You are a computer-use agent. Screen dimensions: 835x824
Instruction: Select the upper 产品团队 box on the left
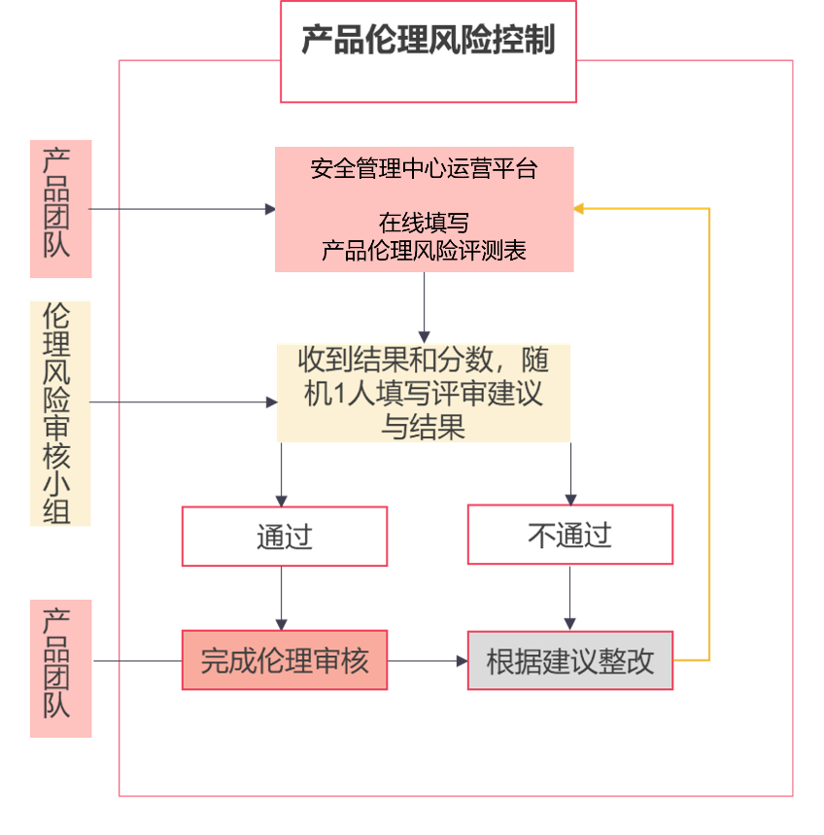[61, 208]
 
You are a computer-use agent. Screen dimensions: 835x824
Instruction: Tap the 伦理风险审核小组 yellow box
[60, 413]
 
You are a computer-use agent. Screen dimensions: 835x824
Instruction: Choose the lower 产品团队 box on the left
[60, 668]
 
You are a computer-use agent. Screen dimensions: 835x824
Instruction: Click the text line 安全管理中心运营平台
[424, 169]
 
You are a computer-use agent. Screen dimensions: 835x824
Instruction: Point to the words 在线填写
[424, 223]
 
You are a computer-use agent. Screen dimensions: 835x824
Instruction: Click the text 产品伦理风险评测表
[424, 251]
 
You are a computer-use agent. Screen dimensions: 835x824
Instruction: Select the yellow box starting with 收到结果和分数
[424, 392]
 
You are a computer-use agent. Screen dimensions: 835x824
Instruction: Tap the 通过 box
[284, 536]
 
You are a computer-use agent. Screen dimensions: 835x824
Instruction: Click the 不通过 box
[569, 535]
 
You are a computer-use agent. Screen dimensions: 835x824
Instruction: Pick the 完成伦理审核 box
[284, 661]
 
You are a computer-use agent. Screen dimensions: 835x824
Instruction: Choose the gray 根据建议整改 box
[569, 661]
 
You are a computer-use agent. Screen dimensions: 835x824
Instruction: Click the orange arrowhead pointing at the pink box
[579, 208]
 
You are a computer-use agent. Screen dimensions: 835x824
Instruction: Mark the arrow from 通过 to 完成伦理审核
[282, 598]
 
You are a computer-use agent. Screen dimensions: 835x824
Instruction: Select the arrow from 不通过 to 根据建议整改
[570, 598]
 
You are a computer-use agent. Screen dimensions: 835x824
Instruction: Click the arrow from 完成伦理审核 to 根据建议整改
[428, 661]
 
